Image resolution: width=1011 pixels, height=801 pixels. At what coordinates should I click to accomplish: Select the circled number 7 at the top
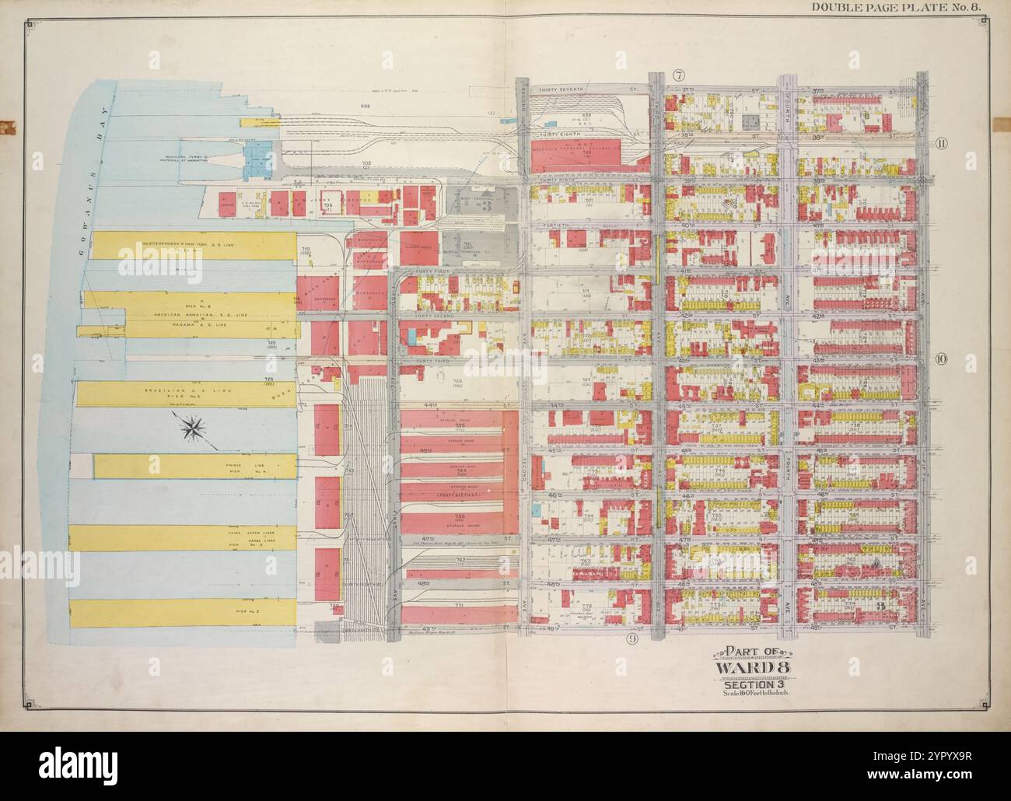pos(678,75)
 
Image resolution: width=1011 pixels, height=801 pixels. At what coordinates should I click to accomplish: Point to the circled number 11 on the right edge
pos(941,142)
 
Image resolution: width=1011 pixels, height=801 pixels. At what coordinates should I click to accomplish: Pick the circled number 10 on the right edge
pos(941,359)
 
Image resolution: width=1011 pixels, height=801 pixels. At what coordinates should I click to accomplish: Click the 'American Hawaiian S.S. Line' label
pos(190,314)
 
